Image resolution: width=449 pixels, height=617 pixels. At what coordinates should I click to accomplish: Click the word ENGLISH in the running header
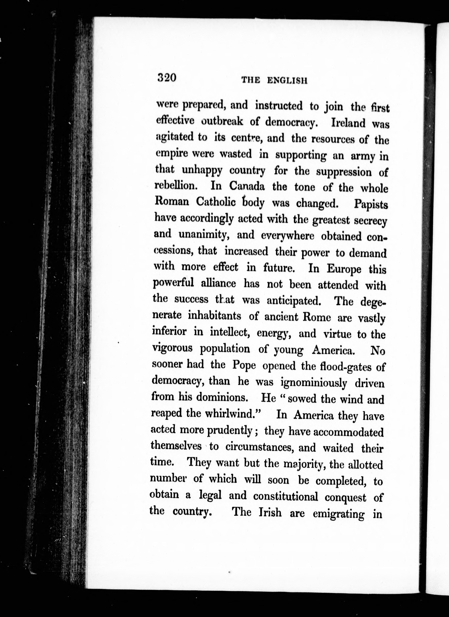tap(287, 81)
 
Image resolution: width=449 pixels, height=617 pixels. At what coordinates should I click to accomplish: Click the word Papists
tap(371, 205)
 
